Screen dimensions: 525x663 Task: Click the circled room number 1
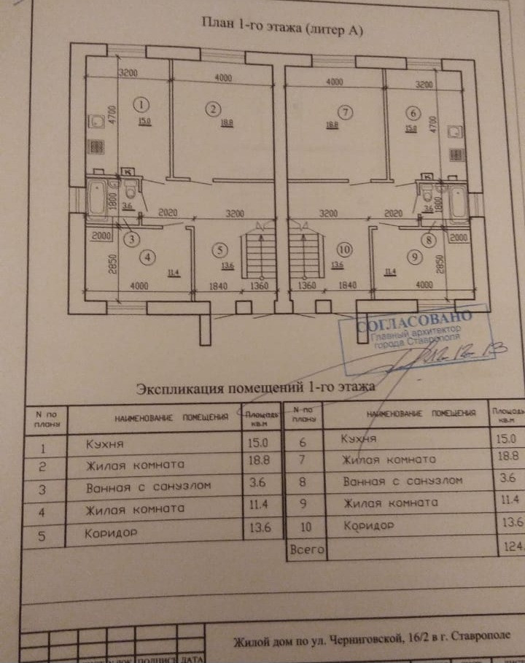click(x=141, y=104)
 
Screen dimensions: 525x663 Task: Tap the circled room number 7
click(x=345, y=112)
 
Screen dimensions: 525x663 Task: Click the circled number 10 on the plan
click(x=344, y=249)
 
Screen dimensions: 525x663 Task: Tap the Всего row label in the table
click(x=306, y=549)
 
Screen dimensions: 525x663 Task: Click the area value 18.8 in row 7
click(x=505, y=457)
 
